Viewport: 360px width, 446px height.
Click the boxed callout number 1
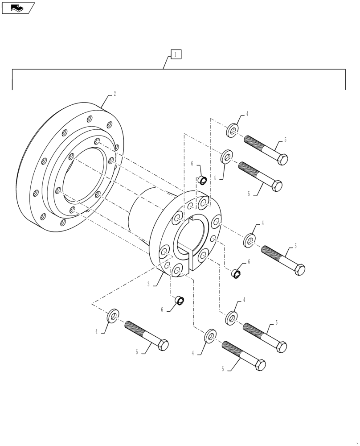[176, 54]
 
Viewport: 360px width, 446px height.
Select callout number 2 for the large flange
[115, 94]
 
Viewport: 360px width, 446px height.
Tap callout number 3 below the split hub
[149, 284]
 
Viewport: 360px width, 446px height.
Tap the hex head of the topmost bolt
[282, 159]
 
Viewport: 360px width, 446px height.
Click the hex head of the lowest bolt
[260, 365]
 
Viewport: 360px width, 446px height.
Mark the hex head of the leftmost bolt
[163, 345]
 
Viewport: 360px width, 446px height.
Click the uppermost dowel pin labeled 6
[202, 180]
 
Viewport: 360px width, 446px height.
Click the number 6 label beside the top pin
[192, 164]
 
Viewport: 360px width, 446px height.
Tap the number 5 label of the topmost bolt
[285, 140]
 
